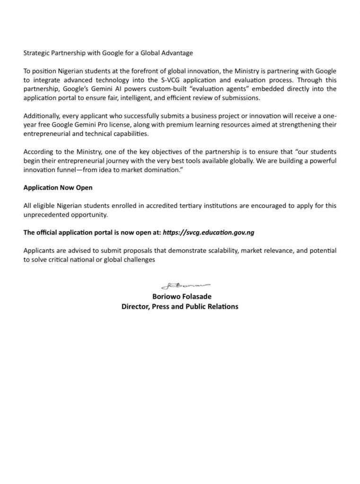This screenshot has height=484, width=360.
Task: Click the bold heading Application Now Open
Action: (x=58, y=188)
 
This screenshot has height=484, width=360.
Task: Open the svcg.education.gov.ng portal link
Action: (x=209, y=233)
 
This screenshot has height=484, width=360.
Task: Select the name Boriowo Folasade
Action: (x=182, y=296)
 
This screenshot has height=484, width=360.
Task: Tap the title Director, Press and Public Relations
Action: (x=180, y=306)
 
